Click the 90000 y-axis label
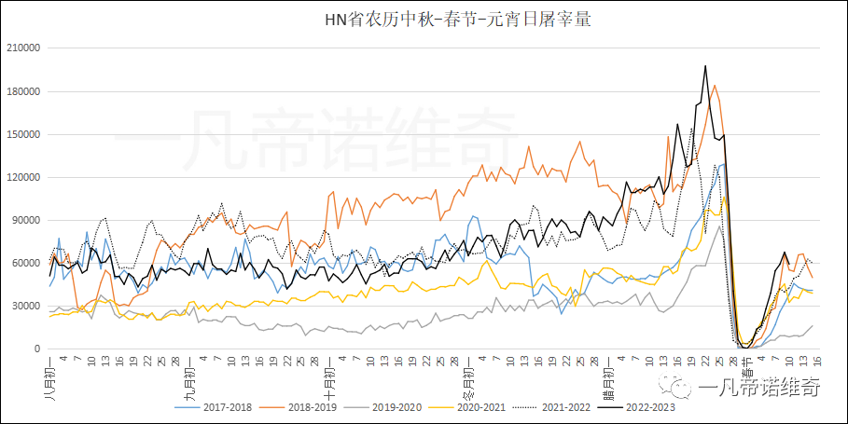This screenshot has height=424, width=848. pyautogui.click(x=25, y=220)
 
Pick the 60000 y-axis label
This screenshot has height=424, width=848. pyautogui.click(x=25, y=263)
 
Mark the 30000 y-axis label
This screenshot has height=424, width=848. pyautogui.click(x=25, y=306)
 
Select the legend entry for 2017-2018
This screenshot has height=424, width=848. pyautogui.click(x=216, y=406)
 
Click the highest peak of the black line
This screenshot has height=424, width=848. pyautogui.click(x=705, y=66)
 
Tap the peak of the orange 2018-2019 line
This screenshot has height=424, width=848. pyautogui.click(x=715, y=86)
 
